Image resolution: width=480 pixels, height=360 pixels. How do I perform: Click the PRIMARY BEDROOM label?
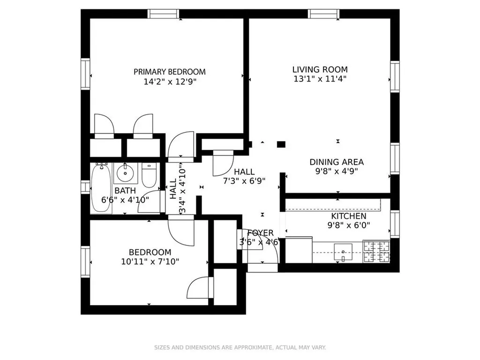pyautogui.click(x=170, y=72)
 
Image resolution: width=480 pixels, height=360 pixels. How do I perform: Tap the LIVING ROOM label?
pyautogui.click(x=320, y=69)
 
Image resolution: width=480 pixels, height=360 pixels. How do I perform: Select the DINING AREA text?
pyautogui.click(x=337, y=162)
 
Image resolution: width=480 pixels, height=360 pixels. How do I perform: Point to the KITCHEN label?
pyautogui.click(x=349, y=216)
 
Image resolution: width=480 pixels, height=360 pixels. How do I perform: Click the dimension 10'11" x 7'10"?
pyautogui.click(x=150, y=262)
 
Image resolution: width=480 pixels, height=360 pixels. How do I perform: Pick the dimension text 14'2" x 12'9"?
pyautogui.click(x=170, y=82)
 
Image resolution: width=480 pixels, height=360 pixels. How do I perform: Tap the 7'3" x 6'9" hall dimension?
pyautogui.click(x=244, y=181)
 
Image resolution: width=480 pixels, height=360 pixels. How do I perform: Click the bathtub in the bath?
pyautogui.click(x=101, y=188)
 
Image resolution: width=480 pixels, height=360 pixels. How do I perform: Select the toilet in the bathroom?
pyautogui.click(x=149, y=175)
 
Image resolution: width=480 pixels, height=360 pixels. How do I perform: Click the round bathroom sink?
pyautogui.click(x=125, y=173)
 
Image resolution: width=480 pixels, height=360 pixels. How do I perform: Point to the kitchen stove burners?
pyautogui.click(x=376, y=251)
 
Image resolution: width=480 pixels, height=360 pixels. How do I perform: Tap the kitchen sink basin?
pyautogui.click(x=343, y=252)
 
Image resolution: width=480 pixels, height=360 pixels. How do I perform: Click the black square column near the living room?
pyautogui.click(x=281, y=144)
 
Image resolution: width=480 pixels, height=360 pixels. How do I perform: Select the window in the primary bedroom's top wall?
pyautogui.click(x=164, y=14)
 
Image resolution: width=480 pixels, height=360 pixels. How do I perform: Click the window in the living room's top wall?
pyautogui.click(x=324, y=14)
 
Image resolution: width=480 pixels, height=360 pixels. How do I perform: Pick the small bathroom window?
pyautogui.click(x=85, y=187)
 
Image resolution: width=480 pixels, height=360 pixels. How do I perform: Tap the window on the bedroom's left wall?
pyautogui.click(x=85, y=262)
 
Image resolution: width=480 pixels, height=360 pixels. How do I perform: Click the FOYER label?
pyautogui.click(x=260, y=233)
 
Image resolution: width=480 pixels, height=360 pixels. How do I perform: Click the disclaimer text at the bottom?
pyautogui.click(x=240, y=347)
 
